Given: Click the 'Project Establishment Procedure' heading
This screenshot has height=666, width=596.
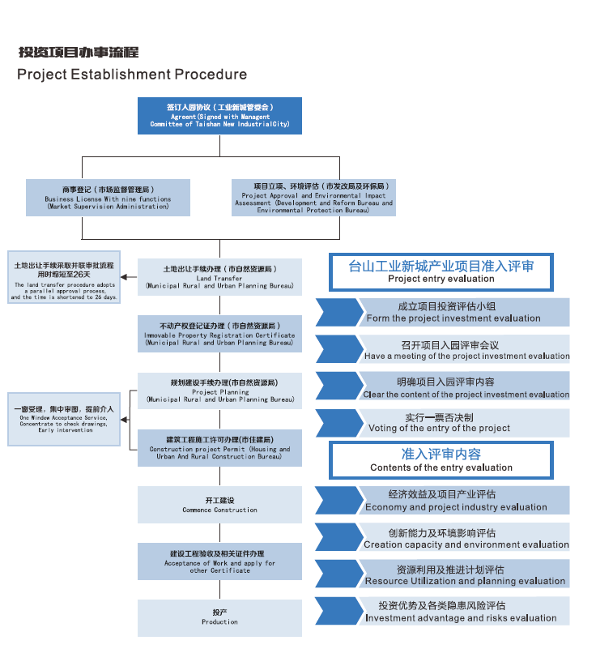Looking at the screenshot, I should (x=132, y=75).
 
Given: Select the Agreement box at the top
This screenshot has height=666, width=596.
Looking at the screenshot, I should (x=219, y=116).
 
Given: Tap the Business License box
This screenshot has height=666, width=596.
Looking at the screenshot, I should (x=109, y=198).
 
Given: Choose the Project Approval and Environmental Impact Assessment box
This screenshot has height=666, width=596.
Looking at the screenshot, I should (x=313, y=198).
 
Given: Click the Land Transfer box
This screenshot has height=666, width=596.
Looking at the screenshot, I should (x=219, y=277).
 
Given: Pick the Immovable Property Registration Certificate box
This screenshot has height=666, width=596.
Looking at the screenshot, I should (x=219, y=334).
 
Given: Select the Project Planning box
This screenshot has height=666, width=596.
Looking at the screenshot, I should (x=219, y=391).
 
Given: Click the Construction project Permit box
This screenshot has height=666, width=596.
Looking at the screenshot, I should (x=219, y=448).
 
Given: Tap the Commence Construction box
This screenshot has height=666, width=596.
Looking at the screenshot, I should (x=219, y=505).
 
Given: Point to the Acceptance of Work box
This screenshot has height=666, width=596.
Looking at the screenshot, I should (x=219, y=561).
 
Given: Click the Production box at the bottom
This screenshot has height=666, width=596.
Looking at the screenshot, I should (x=219, y=617).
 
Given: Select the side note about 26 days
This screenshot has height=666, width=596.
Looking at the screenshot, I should (x=64, y=280).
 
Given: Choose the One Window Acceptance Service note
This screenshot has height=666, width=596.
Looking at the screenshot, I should (x=64, y=419).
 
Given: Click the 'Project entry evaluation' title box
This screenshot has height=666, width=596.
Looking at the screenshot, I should (x=441, y=271).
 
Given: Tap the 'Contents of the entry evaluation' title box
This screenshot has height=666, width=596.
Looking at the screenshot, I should (x=441, y=460).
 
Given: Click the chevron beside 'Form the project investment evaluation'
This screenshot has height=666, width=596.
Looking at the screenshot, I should (x=338, y=312).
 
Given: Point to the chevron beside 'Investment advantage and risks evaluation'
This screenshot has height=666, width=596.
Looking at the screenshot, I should (x=338, y=612).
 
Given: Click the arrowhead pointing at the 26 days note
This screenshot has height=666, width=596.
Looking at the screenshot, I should (x=124, y=277).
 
